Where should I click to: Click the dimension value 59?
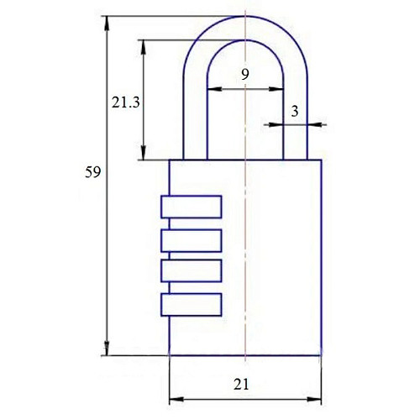click(x=92, y=172)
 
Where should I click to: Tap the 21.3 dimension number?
click(x=126, y=102)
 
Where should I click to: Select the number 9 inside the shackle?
click(x=245, y=75)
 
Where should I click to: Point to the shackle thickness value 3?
click(x=295, y=112)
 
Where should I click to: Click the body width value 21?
click(x=241, y=385)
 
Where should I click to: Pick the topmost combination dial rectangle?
click(x=192, y=207)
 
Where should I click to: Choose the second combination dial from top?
click(x=192, y=240)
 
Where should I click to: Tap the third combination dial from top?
click(x=192, y=270)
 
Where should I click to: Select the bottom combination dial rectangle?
click(x=192, y=305)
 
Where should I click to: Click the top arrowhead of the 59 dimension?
click(x=107, y=23)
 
